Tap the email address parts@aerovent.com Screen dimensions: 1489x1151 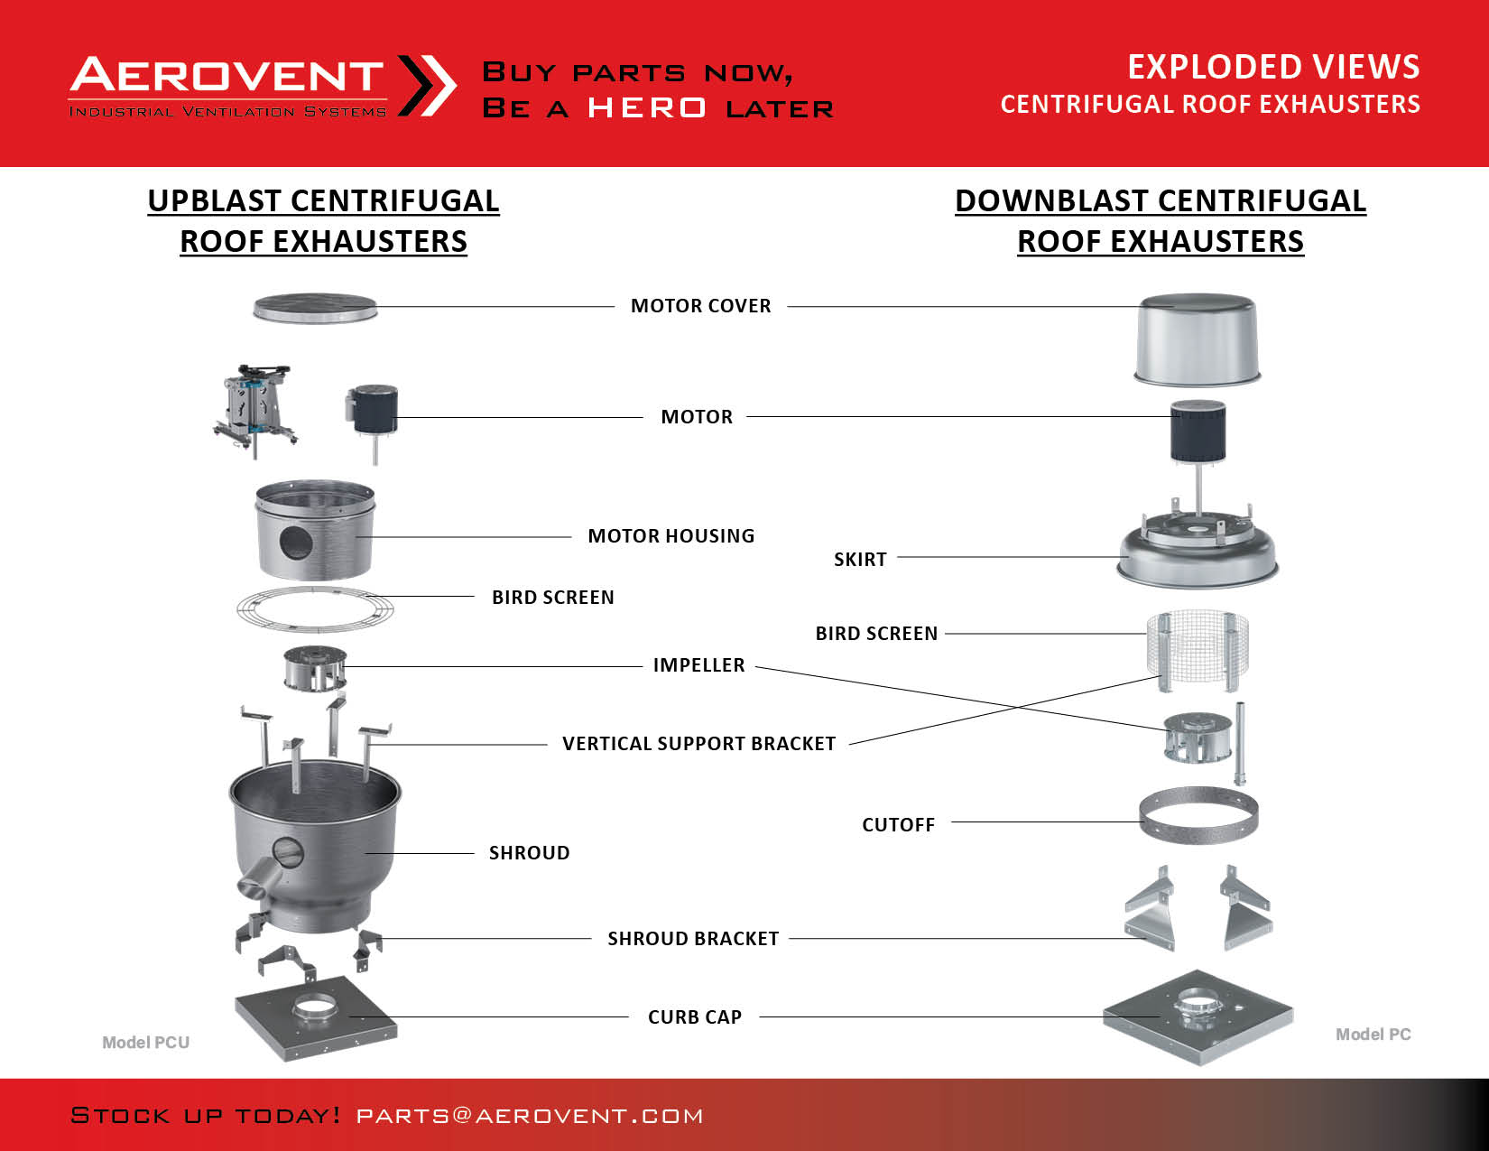tap(530, 1116)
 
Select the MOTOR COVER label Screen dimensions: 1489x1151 tap(701, 306)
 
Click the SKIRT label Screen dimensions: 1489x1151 tap(860, 560)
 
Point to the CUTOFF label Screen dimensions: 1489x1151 tap(898, 825)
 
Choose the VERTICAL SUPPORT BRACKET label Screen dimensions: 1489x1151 tap(699, 744)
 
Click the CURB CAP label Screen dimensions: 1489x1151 tap(695, 1017)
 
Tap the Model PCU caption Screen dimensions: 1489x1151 tap(146, 1043)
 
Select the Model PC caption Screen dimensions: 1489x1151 tap(1373, 1035)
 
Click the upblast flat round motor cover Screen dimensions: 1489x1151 tap(315, 308)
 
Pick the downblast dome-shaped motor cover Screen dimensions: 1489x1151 tap(1198, 339)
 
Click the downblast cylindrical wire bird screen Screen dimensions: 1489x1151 tap(1198, 651)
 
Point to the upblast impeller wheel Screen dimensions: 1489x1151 tap(315, 668)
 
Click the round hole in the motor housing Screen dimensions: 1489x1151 tap(297, 543)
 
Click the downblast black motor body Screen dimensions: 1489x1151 tap(1198, 432)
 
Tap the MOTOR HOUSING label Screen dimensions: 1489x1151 tap(671, 536)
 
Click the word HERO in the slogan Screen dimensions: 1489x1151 tap(647, 108)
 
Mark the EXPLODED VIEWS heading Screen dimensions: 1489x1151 tap(1274, 67)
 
